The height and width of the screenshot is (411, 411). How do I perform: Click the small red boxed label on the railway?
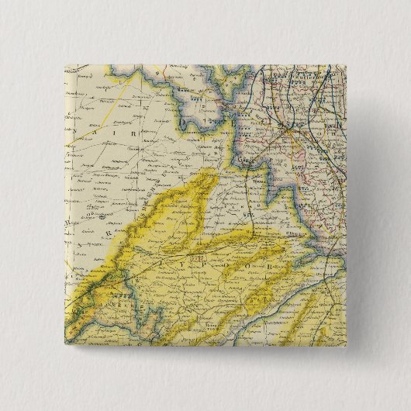[x=200, y=257]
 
